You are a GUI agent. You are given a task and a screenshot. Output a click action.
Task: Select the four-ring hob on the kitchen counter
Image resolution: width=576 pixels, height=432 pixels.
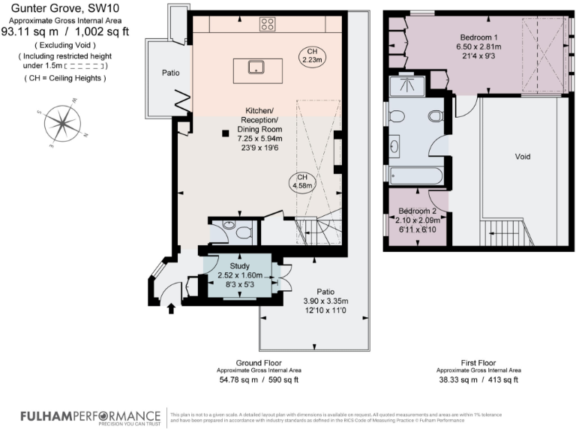pos(267,25)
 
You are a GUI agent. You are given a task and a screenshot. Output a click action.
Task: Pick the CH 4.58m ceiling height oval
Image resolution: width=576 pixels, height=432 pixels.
pos(301,181)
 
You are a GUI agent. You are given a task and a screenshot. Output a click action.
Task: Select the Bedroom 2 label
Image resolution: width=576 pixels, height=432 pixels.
pos(418,210)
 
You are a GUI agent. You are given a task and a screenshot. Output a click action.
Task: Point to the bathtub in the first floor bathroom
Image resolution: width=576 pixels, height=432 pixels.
pos(414,177)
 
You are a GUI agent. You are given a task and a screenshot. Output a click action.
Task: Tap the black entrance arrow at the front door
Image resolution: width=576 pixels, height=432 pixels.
pos(170,308)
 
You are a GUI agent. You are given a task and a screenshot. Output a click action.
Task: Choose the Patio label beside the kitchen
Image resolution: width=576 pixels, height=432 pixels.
pos(169,73)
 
